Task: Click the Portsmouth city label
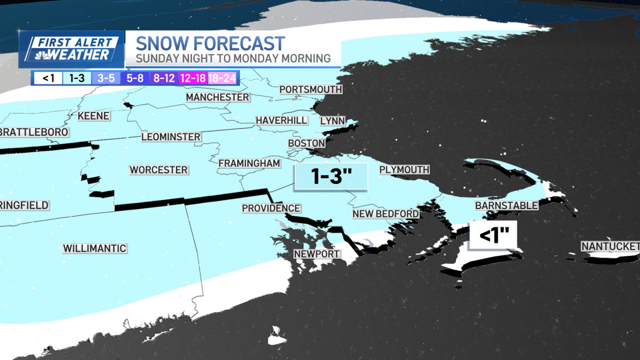point(310,89)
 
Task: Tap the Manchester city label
point(217,97)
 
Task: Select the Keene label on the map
point(93,116)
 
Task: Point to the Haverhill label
point(281,120)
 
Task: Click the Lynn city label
point(332,121)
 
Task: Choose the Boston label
point(306,143)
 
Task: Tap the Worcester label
point(158,170)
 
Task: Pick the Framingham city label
point(249,163)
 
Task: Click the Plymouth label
point(404,170)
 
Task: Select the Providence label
point(271,208)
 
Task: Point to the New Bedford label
point(386,214)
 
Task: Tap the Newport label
point(316,254)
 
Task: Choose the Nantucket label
point(610,246)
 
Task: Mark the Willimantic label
point(94,248)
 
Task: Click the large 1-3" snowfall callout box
point(331,177)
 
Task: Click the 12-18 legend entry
point(193,78)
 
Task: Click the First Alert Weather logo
point(71,49)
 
